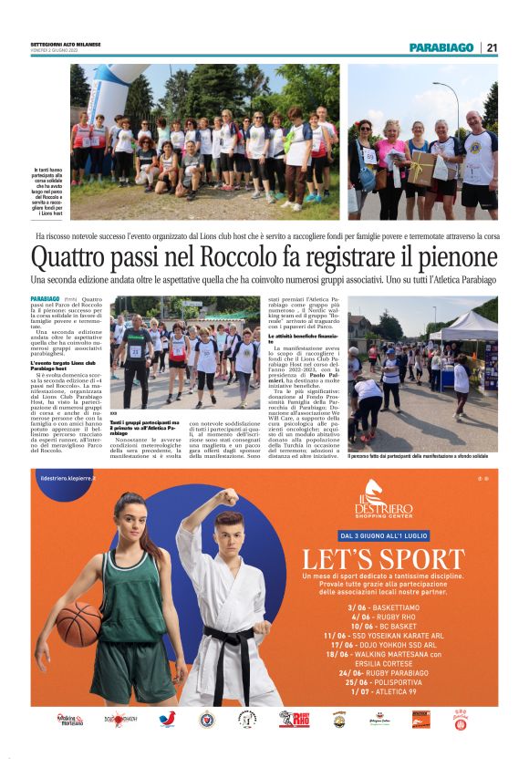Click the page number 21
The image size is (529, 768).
click(492, 47)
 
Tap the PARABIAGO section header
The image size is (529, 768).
click(441, 47)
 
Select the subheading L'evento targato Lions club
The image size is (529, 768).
click(65, 364)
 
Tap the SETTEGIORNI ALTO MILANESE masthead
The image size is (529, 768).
click(65, 45)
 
